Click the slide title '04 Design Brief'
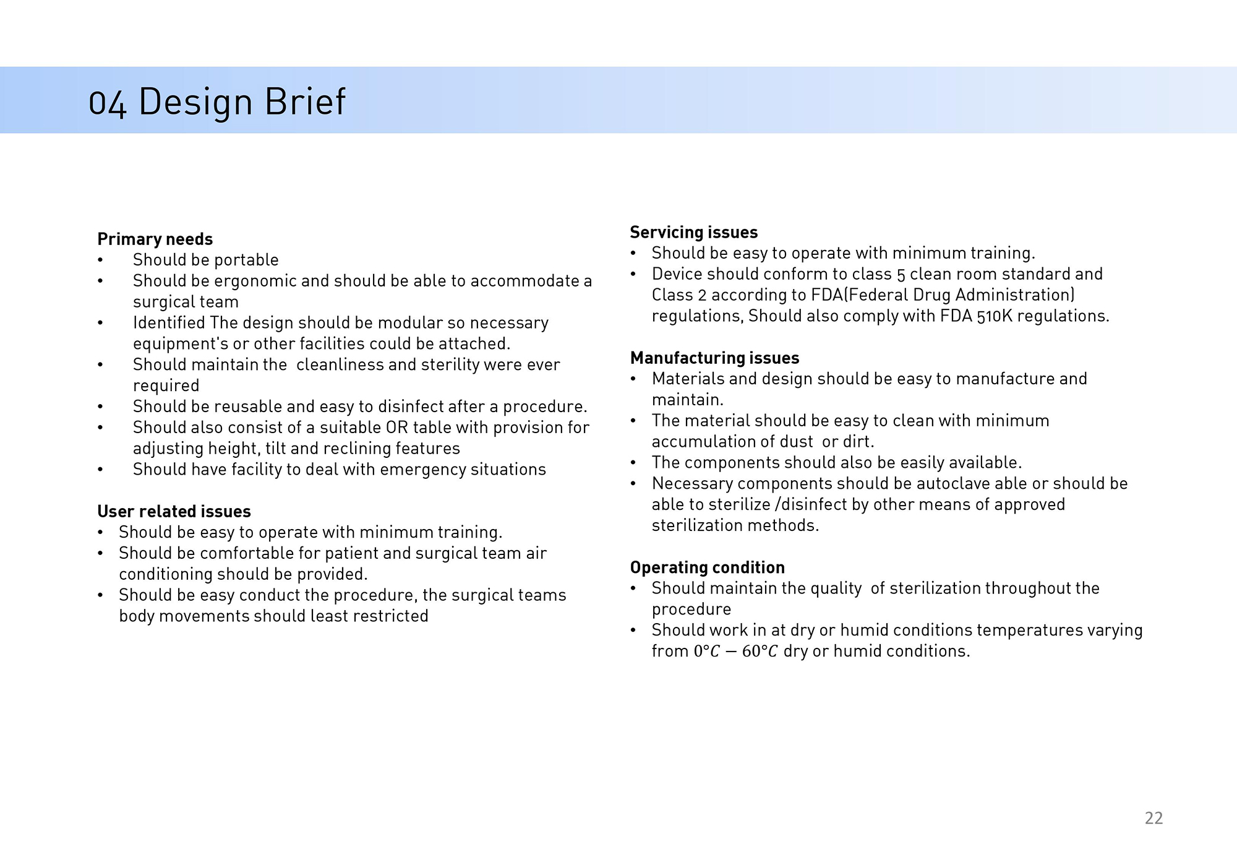(x=216, y=102)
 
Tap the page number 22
(x=1154, y=818)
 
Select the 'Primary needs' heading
(x=155, y=239)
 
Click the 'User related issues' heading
(x=174, y=511)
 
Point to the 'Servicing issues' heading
(x=693, y=232)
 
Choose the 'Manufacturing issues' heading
(x=714, y=358)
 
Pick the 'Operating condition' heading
(x=707, y=567)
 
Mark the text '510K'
(x=994, y=316)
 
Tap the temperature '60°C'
(x=760, y=651)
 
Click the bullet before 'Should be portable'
(x=100, y=261)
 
